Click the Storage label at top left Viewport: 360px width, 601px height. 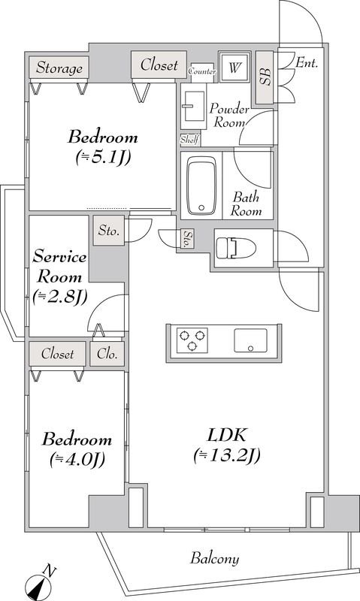(x=59, y=68)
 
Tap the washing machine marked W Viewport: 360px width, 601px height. (x=234, y=68)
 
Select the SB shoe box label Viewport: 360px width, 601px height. (x=265, y=77)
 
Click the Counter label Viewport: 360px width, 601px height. (x=202, y=71)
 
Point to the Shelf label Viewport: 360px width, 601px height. (x=190, y=140)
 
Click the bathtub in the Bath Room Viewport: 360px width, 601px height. (x=201, y=186)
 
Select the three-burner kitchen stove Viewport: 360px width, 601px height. (x=192, y=340)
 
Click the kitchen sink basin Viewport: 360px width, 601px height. (x=251, y=340)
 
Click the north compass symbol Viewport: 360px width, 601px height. (x=40, y=584)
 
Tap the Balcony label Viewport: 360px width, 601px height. (x=215, y=558)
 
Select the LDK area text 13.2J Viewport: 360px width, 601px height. (x=227, y=456)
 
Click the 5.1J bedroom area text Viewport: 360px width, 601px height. (x=104, y=157)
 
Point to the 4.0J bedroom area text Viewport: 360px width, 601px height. (x=77, y=460)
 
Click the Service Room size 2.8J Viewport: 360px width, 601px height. (x=60, y=296)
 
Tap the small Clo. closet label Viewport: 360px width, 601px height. (x=107, y=353)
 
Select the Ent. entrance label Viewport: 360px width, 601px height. (x=307, y=63)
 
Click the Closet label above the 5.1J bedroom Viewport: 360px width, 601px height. (x=159, y=65)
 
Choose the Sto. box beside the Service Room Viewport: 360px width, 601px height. (x=109, y=231)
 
